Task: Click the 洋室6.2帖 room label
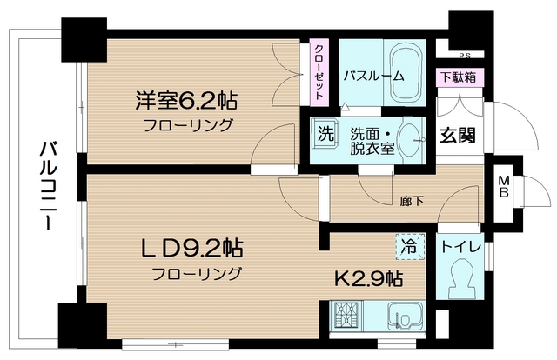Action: click(x=186, y=101)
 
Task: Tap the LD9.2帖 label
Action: click(x=192, y=248)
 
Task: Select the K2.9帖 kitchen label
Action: click(x=369, y=279)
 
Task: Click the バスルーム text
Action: click(x=373, y=76)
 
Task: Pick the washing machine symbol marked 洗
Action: click(x=325, y=134)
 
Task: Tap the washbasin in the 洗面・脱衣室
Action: click(x=410, y=140)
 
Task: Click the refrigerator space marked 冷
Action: click(x=410, y=246)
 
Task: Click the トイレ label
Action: click(x=460, y=247)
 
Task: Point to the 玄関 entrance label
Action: click(x=458, y=135)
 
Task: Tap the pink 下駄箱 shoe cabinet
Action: click(x=460, y=77)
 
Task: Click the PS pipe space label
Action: click(x=464, y=56)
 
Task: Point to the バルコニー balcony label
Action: click(x=49, y=186)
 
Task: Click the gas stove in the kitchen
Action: click(x=346, y=317)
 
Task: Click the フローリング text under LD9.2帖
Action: click(x=197, y=274)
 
